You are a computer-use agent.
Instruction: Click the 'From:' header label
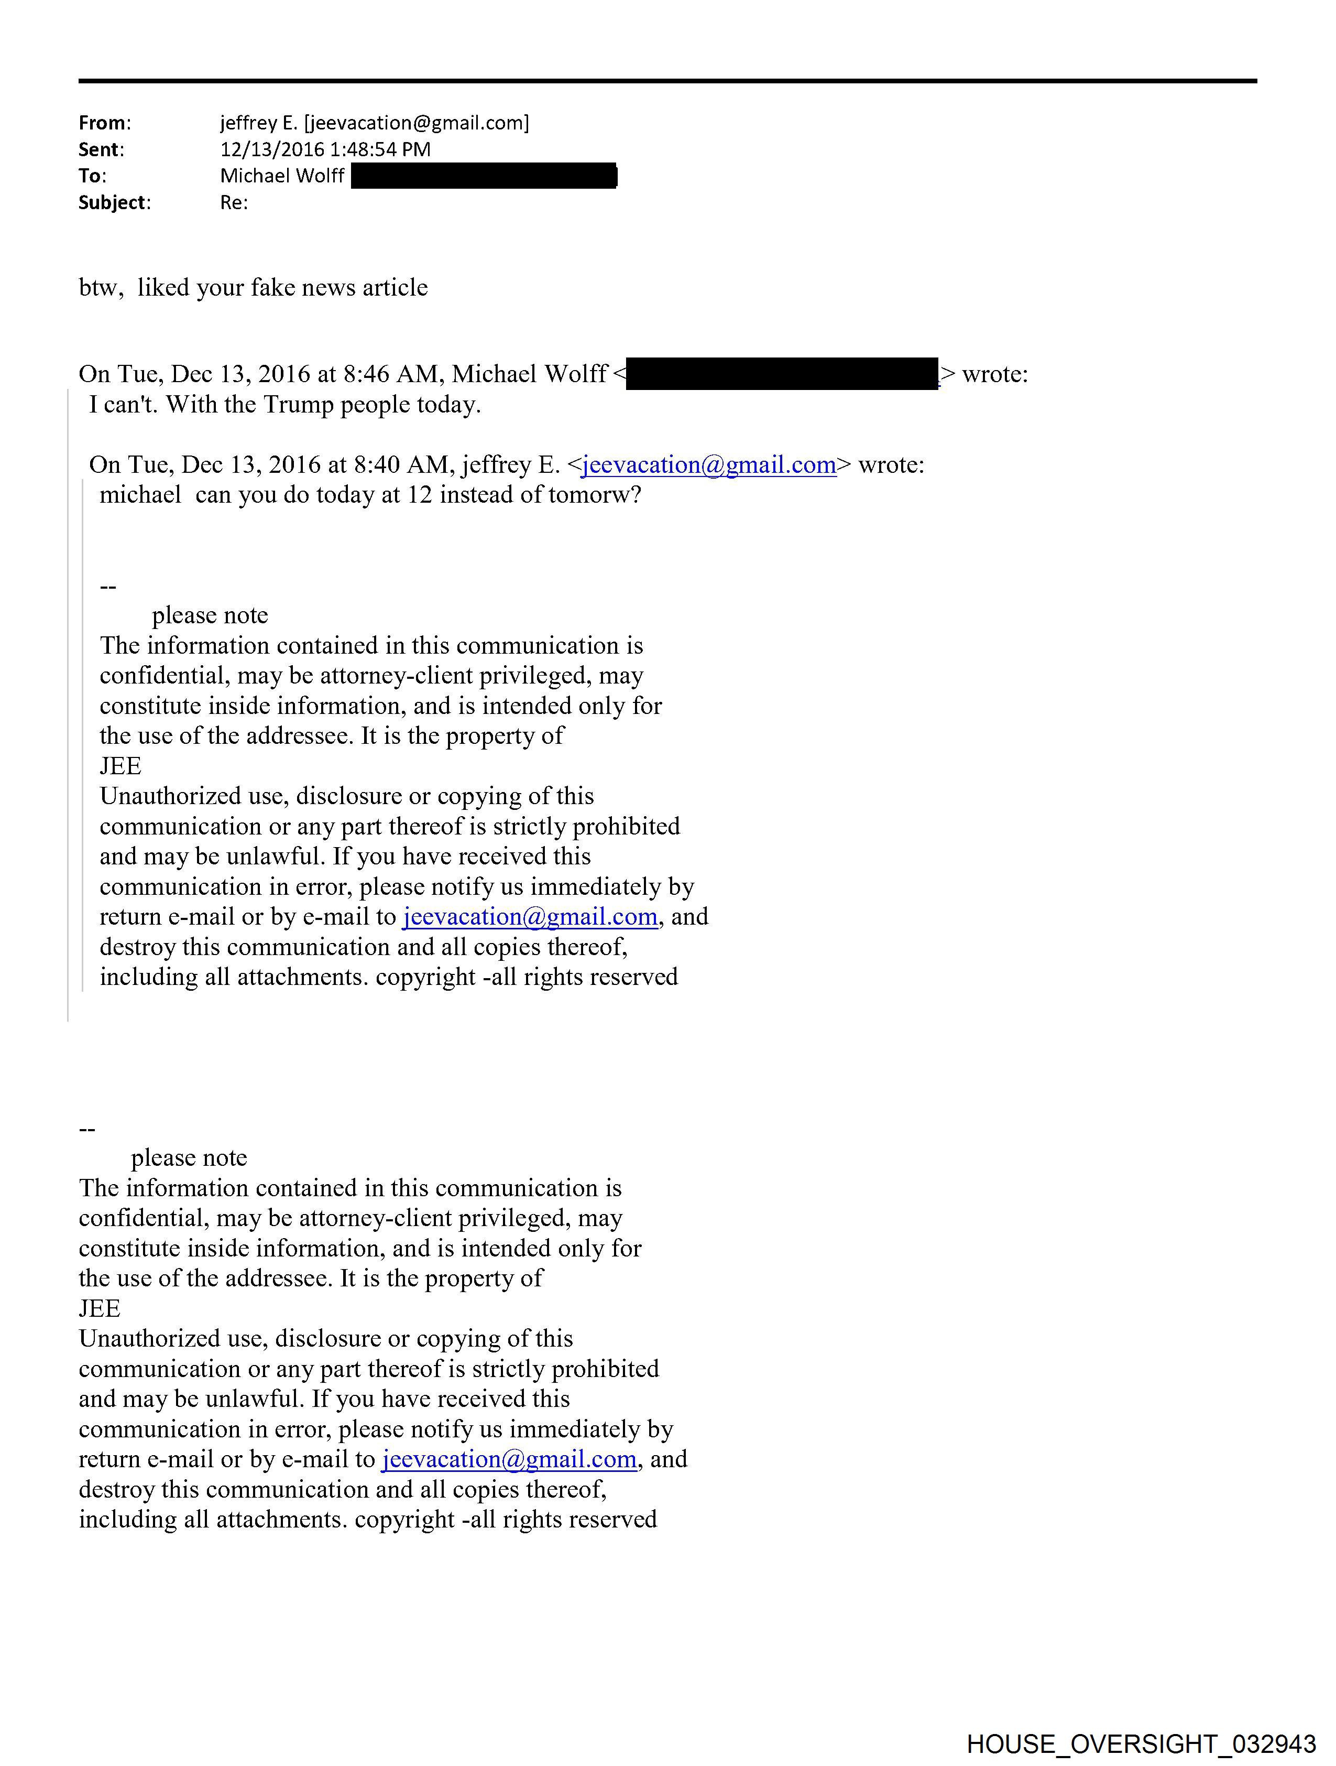pyautogui.click(x=104, y=123)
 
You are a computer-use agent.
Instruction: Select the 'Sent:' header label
pyautogui.click(x=101, y=149)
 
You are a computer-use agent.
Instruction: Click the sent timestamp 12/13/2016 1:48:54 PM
pyautogui.click(x=325, y=149)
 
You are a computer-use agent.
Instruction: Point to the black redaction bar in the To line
pyautogui.click(x=484, y=176)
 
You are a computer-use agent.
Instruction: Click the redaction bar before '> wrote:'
pyautogui.click(x=782, y=374)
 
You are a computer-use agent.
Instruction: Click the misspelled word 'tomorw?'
pyautogui.click(x=596, y=495)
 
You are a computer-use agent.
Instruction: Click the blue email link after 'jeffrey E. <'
pyautogui.click(x=709, y=464)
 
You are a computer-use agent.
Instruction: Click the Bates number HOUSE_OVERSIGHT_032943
pyautogui.click(x=1141, y=1743)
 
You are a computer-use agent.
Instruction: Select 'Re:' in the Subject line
pyautogui.click(x=234, y=203)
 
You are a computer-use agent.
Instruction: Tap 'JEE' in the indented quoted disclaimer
pyautogui.click(x=121, y=766)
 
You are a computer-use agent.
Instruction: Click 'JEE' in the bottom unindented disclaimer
pyautogui.click(x=100, y=1308)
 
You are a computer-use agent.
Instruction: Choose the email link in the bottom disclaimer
pyautogui.click(x=509, y=1459)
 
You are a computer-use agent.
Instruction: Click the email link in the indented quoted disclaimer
pyautogui.click(x=530, y=916)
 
